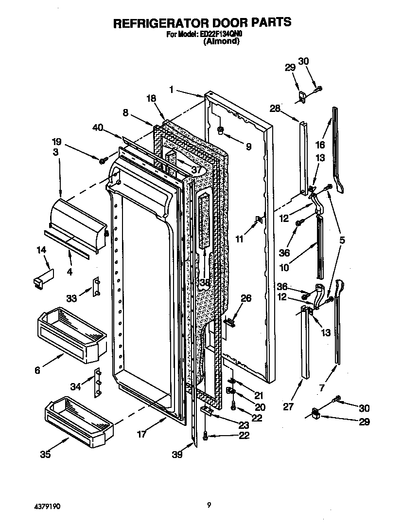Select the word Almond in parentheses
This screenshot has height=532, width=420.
pyautogui.click(x=221, y=42)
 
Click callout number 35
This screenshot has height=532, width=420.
pyautogui.click(x=45, y=455)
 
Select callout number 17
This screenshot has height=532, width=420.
pyautogui.click(x=141, y=434)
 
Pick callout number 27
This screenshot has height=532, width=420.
pyautogui.click(x=288, y=406)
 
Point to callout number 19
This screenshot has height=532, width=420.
pyautogui.click(x=56, y=142)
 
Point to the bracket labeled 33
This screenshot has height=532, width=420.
pyautogui.click(x=96, y=288)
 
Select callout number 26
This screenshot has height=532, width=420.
pyautogui.click(x=246, y=298)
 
